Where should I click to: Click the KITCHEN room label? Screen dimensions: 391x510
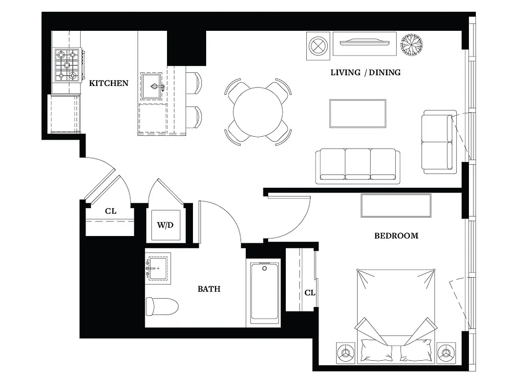[x=108, y=83]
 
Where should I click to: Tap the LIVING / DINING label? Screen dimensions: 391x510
[x=365, y=72]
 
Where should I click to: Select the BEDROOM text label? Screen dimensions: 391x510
[x=396, y=236]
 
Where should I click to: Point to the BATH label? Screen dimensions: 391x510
[x=209, y=289]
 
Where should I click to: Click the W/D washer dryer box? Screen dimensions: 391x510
[x=165, y=225]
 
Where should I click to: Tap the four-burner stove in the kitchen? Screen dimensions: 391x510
[x=67, y=65]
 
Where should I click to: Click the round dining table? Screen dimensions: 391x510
[x=257, y=112]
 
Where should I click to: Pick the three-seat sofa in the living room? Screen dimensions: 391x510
[x=358, y=166]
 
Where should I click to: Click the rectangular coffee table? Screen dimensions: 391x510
[x=358, y=113]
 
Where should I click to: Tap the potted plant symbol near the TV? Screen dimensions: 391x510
[x=412, y=45]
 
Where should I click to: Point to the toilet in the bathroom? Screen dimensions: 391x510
[x=162, y=306]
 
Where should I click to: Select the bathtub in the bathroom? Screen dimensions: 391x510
[x=265, y=293]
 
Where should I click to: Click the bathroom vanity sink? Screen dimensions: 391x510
[x=158, y=268]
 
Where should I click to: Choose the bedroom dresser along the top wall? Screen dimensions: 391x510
[x=396, y=205]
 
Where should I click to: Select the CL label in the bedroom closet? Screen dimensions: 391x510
[x=310, y=293]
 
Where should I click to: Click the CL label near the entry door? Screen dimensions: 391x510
[x=111, y=211]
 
